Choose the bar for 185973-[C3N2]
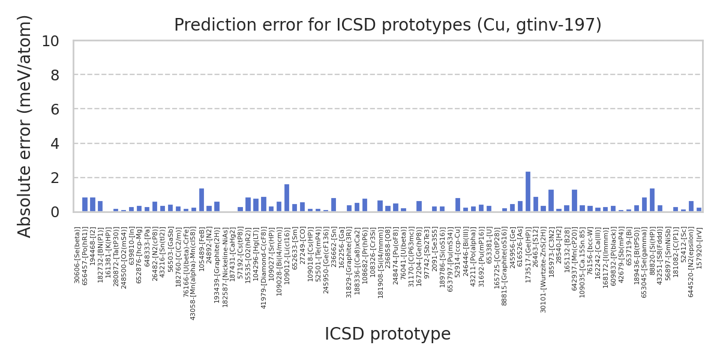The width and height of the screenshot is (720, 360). (551, 201)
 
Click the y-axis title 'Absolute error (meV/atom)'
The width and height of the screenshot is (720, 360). (25, 126)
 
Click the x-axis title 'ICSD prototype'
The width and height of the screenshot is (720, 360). (388, 334)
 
